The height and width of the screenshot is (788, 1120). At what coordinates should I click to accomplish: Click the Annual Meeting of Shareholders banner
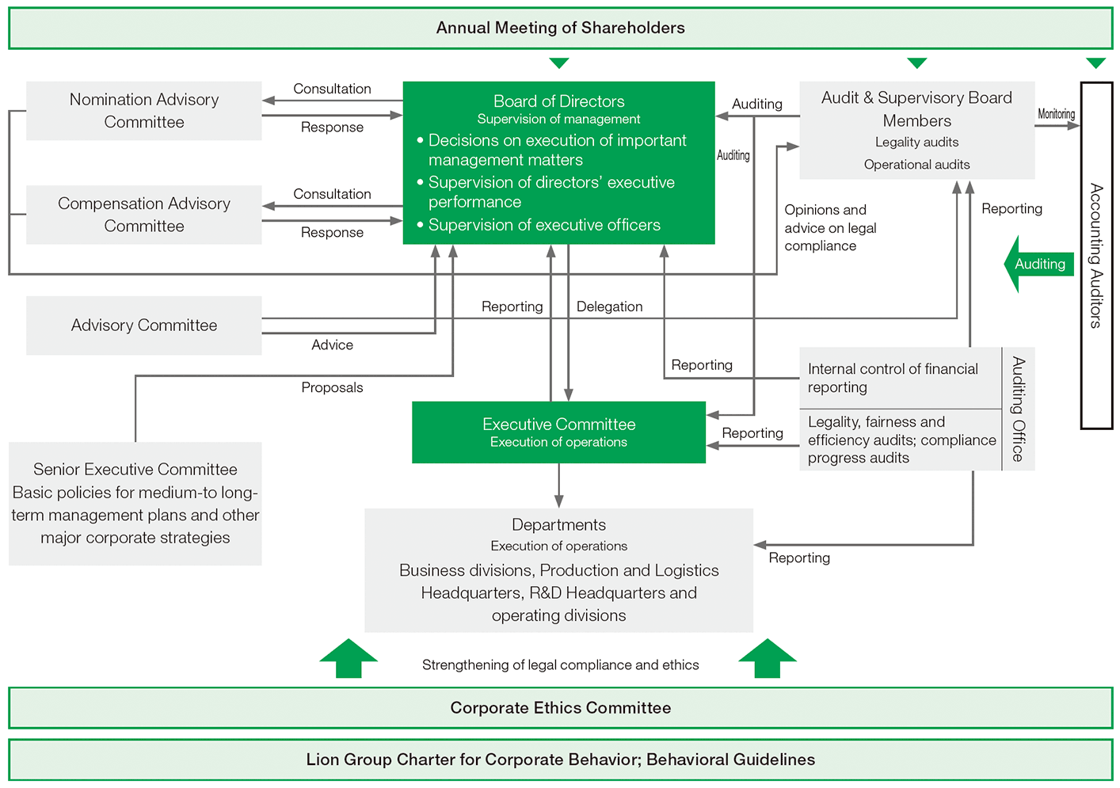[560, 29]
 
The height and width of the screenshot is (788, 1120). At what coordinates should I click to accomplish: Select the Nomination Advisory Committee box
[144, 111]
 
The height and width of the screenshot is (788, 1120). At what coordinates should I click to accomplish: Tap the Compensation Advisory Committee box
[144, 215]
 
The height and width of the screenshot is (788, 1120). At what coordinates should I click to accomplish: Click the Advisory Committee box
[144, 325]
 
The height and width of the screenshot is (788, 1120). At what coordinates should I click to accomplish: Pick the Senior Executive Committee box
[135, 504]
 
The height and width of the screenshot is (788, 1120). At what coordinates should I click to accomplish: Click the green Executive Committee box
[558, 432]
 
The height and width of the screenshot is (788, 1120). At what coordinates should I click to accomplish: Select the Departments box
[558, 570]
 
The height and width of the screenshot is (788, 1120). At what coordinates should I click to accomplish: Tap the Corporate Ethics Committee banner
[560, 708]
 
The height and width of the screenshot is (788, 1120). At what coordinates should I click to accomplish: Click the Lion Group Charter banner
[560, 759]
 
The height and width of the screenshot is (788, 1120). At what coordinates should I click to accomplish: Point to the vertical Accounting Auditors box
[1096, 255]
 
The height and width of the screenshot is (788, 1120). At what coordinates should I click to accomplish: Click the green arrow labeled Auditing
[1038, 265]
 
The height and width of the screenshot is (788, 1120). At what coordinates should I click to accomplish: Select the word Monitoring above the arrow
[1056, 114]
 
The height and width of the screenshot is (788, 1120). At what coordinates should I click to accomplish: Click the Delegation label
[609, 306]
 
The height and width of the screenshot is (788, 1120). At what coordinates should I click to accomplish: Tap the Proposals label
[332, 387]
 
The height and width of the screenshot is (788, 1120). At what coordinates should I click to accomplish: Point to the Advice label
[332, 345]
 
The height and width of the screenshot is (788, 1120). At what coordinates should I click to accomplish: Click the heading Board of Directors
[558, 101]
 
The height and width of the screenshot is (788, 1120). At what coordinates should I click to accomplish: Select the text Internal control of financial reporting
[893, 378]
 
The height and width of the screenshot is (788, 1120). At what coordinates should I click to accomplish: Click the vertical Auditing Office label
[1019, 409]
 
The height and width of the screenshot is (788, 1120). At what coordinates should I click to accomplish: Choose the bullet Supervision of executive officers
[544, 225]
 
